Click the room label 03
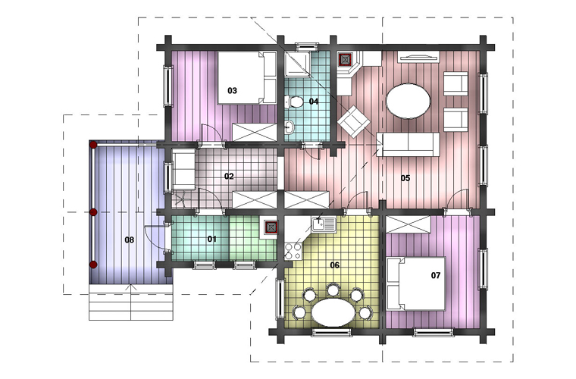tap(232, 91)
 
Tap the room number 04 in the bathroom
tap(313, 102)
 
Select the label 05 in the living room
tap(405, 178)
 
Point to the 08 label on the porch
tap(130, 240)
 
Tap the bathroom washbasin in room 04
tap(289, 127)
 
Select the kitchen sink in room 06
tap(324, 224)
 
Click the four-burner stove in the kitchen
tap(293, 251)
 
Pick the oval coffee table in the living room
tap(408, 101)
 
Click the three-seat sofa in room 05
tap(408, 144)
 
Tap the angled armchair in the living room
tap(354, 121)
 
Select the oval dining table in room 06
tap(333, 312)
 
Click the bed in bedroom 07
tap(416, 283)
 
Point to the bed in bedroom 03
tap(246, 78)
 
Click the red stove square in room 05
tap(346, 59)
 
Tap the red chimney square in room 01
tap(271, 228)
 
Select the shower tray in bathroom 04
tap(298, 64)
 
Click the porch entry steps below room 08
tap(131, 302)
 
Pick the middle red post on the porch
tap(93, 212)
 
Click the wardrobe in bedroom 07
tap(409, 224)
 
